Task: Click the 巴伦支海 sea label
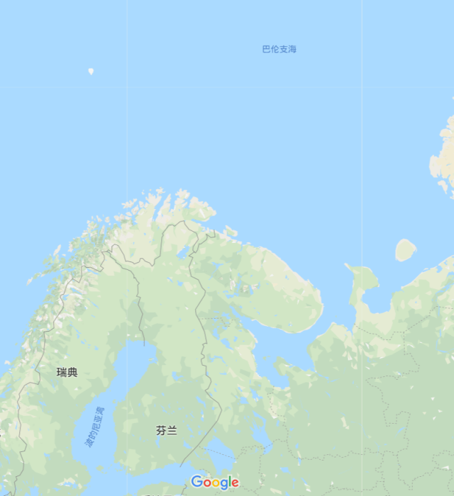click(279, 49)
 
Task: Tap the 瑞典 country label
click(67, 372)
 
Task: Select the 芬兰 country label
click(167, 430)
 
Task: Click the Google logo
click(214, 483)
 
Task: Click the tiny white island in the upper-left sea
click(91, 71)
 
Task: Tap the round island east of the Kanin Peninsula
click(405, 249)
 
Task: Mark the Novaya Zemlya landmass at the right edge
click(444, 156)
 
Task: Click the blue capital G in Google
click(196, 482)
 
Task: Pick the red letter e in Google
click(235, 483)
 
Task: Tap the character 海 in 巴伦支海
click(292, 49)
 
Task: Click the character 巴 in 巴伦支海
click(266, 49)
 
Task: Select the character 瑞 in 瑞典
click(62, 372)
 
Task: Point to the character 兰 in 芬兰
click(172, 430)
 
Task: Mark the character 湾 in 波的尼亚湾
click(101, 410)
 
